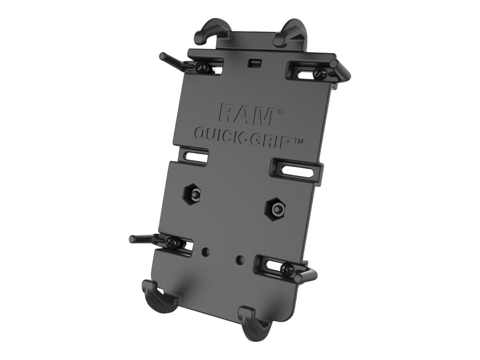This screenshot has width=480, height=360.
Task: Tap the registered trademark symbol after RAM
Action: pyautogui.click(x=280, y=112)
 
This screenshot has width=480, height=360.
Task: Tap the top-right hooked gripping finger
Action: pyautogui.click(x=288, y=31)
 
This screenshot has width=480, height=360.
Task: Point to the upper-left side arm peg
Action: pyautogui.click(x=173, y=62)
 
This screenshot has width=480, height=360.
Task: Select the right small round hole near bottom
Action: pyautogui.click(x=240, y=258)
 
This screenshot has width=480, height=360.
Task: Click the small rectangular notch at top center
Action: pyautogui.click(x=255, y=61)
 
